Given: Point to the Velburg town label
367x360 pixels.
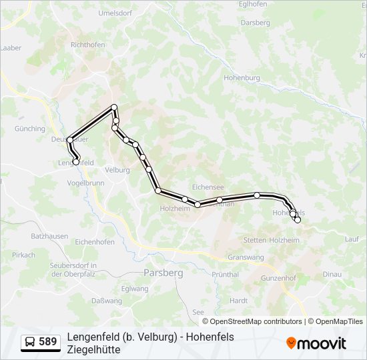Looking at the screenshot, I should (x=117, y=170).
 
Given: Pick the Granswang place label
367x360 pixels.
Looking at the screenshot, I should (x=246, y=257).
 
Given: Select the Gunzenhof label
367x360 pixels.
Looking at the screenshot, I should (x=278, y=277).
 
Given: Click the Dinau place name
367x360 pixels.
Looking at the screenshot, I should (x=332, y=274).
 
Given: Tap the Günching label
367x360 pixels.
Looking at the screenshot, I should (x=29, y=129).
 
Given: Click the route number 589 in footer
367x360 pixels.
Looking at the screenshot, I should (x=47, y=342).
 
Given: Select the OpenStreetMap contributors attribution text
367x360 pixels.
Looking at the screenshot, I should (x=247, y=321).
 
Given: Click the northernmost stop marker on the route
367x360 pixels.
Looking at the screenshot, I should (x=114, y=107).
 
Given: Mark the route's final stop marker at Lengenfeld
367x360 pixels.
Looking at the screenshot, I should (x=76, y=161).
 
